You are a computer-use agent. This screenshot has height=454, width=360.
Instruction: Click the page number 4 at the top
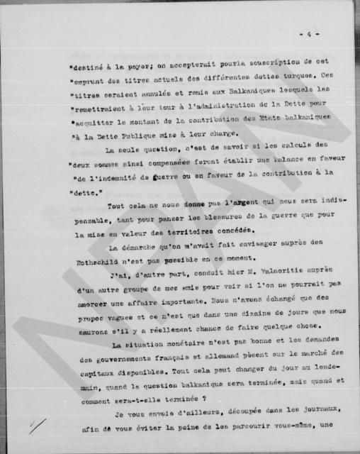[306, 34]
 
